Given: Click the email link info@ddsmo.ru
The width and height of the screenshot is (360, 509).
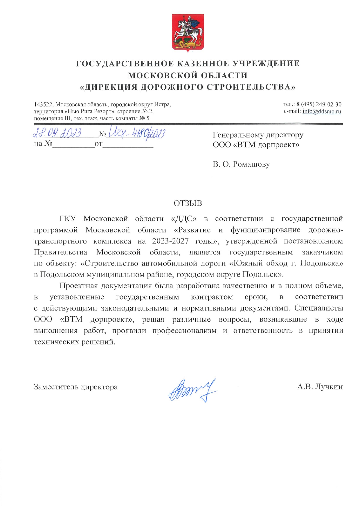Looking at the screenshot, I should (x=322, y=111).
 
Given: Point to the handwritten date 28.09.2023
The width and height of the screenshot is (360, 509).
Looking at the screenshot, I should (x=57, y=133).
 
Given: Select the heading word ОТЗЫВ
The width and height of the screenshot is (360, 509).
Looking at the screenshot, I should (x=188, y=203).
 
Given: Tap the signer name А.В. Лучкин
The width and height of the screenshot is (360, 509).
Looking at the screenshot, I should (x=320, y=387).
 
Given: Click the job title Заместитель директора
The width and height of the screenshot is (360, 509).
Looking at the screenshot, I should (x=76, y=387).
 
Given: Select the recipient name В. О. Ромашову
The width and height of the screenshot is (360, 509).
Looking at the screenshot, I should (x=241, y=164).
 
